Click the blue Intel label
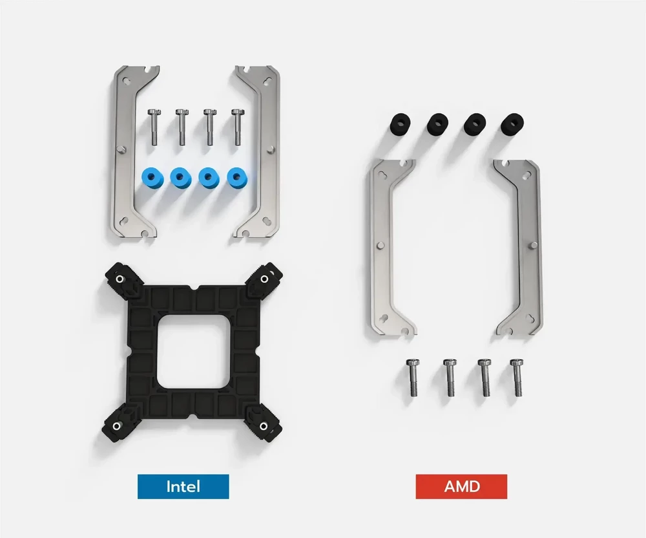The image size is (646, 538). (x=183, y=486)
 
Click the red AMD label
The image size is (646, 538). (x=461, y=486)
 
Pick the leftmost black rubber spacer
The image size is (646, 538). (x=399, y=123)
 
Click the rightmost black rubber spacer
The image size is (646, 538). (x=512, y=123)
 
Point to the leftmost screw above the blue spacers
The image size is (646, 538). (x=153, y=127)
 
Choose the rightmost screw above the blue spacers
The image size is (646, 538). (x=237, y=127)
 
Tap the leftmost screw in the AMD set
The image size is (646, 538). (x=412, y=377)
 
